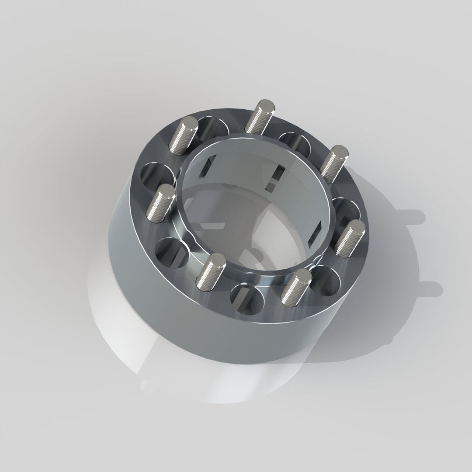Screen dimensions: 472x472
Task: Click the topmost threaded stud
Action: coord(260,116)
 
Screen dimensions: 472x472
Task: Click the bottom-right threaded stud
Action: coord(295,286)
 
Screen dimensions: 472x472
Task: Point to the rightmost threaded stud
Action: coord(350,236)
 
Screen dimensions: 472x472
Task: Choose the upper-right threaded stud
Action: coord(335,163)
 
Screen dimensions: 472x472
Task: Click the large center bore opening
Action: coord(253,205)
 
